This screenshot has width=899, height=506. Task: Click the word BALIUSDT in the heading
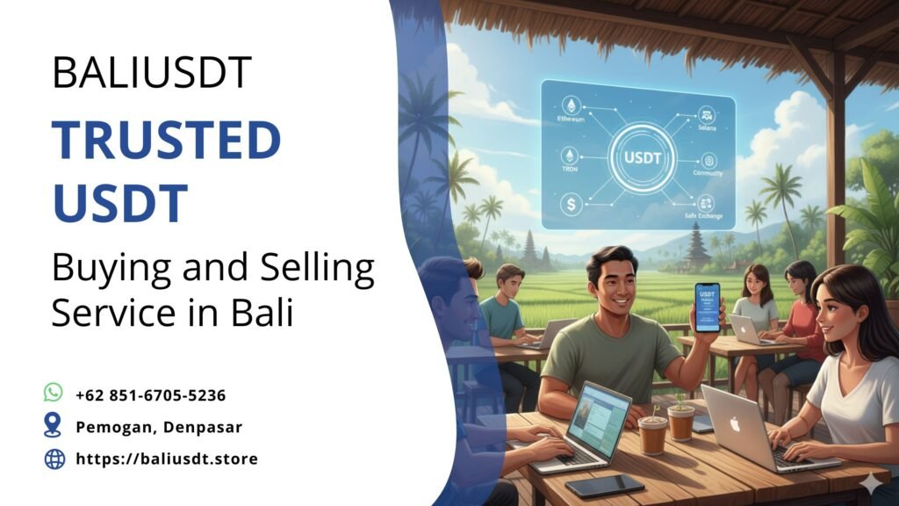152,73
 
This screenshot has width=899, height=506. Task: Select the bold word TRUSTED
166,141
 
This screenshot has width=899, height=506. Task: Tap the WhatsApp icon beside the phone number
54,393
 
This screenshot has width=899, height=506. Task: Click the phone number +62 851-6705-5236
150,395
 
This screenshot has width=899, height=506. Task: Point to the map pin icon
54,426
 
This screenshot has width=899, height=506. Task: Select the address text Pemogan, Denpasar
159,427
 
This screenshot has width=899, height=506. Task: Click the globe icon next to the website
54,459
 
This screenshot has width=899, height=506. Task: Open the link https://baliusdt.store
167,459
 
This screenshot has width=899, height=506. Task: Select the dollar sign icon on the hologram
571,204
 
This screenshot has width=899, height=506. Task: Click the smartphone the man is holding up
707,307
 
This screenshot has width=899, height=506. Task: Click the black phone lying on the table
604,486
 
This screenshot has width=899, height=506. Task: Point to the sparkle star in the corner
871,482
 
